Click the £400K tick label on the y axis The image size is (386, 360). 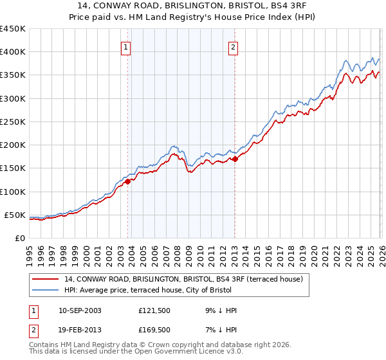tap(12, 52)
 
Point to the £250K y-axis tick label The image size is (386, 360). tap(12, 122)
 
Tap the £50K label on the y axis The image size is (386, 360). tap(15, 215)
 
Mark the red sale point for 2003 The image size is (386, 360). tap(127, 181)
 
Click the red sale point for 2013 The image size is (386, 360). tap(235, 159)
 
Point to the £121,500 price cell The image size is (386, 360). tap(154, 310)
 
